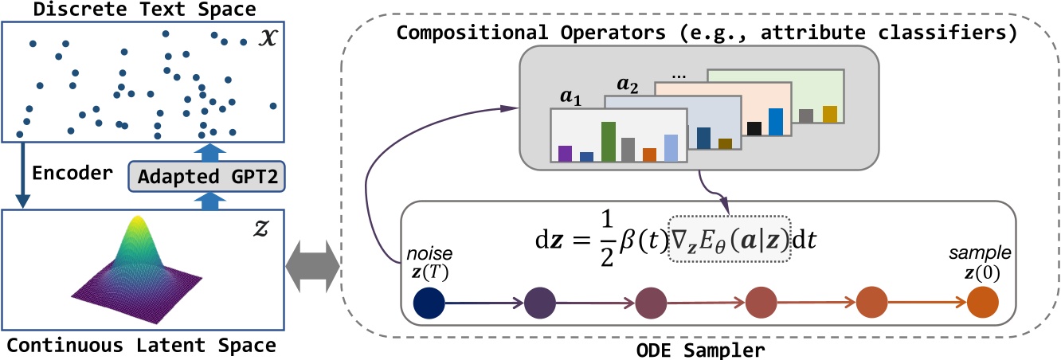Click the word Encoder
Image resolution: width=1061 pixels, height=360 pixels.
click(65, 172)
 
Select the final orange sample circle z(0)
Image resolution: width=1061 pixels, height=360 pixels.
click(983, 303)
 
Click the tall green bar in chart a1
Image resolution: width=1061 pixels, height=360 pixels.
click(608, 141)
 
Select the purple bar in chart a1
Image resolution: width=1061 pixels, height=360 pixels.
click(566, 153)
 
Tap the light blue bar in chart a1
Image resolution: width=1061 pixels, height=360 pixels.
click(671, 147)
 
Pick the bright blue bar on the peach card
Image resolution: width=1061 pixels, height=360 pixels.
click(777, 121)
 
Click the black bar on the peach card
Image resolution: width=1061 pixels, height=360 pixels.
click(754, 127)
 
